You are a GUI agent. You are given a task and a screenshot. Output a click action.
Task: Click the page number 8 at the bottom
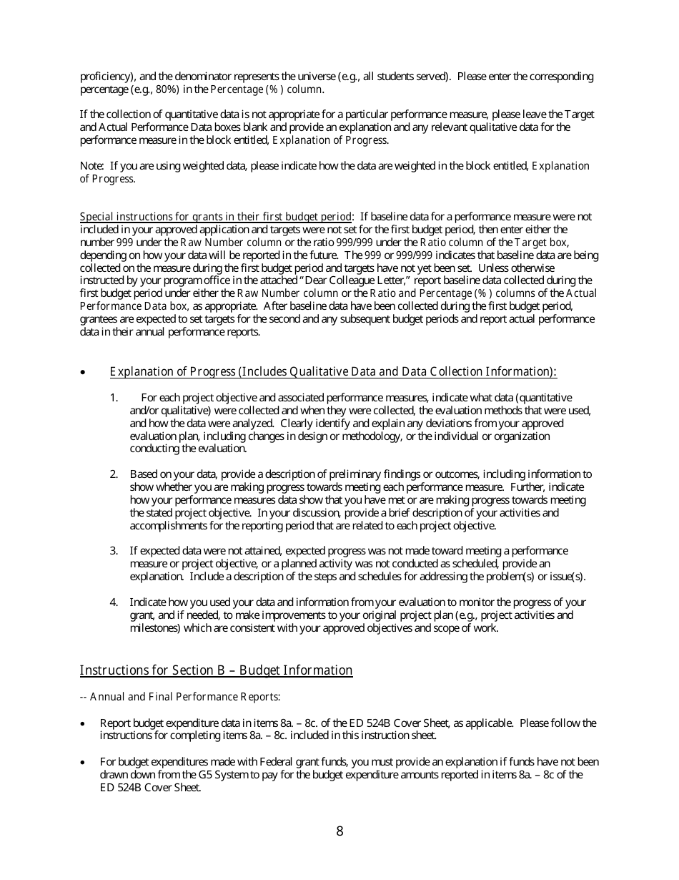tap(339, 831)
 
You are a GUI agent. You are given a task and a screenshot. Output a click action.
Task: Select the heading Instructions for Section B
tap(216, 670)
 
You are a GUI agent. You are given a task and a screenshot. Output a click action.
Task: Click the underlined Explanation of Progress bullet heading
tap(332, 371)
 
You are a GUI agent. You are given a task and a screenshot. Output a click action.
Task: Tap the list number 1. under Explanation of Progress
tap(114, 398)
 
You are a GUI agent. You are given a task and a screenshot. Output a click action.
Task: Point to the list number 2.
tap(114, 474)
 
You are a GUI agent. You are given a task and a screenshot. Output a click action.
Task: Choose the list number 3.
tap(114, 551)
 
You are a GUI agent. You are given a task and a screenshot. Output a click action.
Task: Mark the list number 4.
tap(114, 602)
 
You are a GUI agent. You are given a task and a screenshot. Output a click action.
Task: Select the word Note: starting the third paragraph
tap(91, 166)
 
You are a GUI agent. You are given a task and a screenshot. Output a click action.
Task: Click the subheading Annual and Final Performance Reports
tap(184, 697)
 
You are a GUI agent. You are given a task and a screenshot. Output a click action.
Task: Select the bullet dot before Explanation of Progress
tap(84, 372)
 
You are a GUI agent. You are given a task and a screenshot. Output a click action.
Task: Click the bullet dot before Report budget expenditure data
tap(84, 724)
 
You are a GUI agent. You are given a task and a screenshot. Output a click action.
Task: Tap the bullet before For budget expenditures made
tap(84, 763)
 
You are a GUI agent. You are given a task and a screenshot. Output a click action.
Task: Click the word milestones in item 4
tap(151, 628)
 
